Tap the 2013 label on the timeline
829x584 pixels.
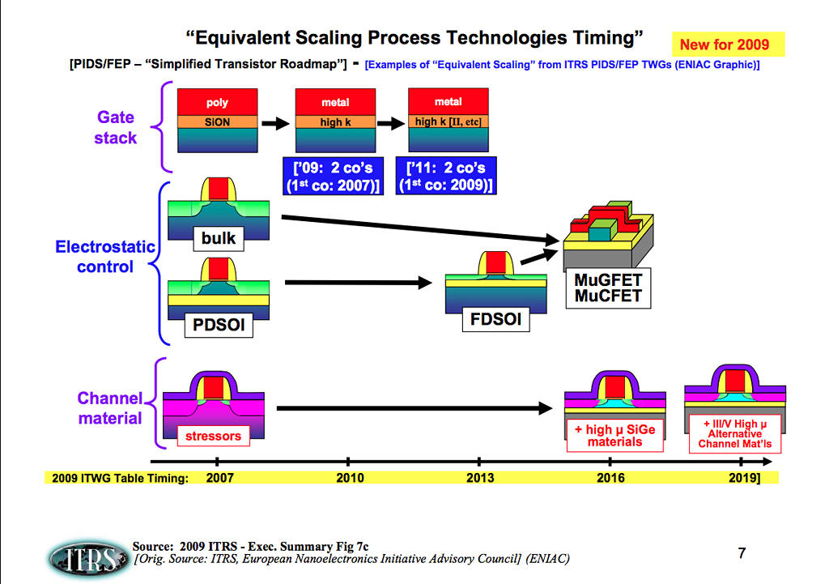point(480,478)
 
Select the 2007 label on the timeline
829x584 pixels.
point(220,478)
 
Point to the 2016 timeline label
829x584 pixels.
point(610,478)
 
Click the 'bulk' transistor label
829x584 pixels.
point(219,238)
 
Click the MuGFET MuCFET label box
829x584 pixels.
point(607,288)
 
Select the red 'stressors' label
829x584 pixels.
point(214,436)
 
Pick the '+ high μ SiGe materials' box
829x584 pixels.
point(614,436)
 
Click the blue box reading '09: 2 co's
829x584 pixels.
point(333,176)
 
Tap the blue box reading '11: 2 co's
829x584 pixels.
point(446,176)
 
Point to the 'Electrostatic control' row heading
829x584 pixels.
point(105,256)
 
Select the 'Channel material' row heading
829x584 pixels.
point(110,408)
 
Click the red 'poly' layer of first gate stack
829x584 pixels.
point(217,102)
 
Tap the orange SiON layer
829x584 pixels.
point(217,121)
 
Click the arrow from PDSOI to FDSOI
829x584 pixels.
point(357,283)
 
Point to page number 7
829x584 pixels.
point(742,554)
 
